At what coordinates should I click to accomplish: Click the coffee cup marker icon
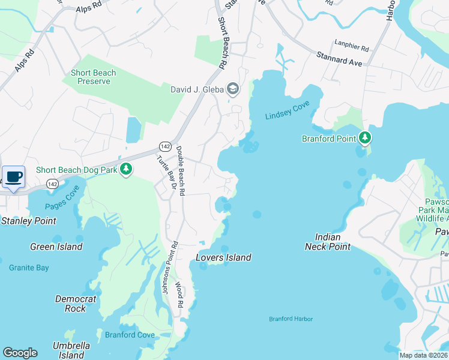pyautogui.click(x=14, y=176)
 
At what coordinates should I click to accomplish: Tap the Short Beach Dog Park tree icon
pyautogui.click(x=126, y=170)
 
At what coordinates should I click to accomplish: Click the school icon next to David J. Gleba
pyautogui.click(x=232, y=90)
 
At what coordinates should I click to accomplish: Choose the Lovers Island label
pyautogui.click(x=223, y=257)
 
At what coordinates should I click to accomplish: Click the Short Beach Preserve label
pyautogui.click(x=94, y=77)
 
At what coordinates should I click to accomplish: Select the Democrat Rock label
pyautogui.click(x=75, y=304)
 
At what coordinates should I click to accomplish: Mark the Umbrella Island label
pyautogui.click(x=71, y=350)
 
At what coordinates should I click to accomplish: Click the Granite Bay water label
pyautogui.click(x=29, y=268)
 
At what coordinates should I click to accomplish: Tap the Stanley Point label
pyautogui.click(x=29, y=221)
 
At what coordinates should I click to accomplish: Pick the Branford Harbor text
pyautogui.click(x=291, y=319)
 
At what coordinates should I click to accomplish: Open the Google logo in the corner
pyautogui.click(x=20, y=353)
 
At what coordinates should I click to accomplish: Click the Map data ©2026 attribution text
pyautogui.click(x=423, y=355)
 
